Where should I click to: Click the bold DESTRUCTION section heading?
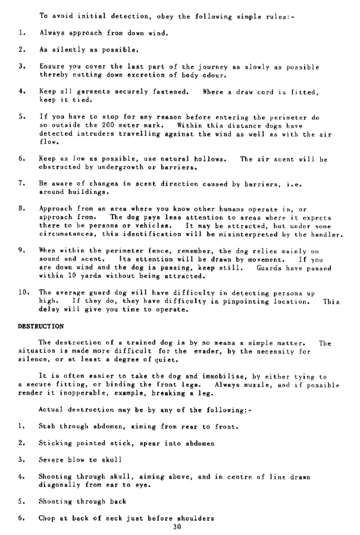(x=40, y=326)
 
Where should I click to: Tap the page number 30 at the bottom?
(x=176, y=527)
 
